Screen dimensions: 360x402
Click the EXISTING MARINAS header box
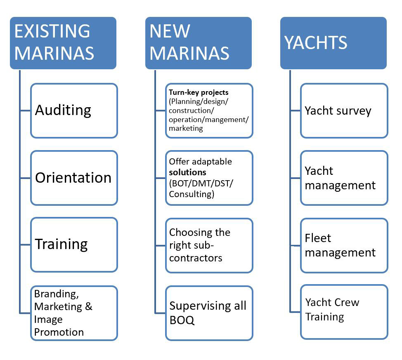click(63, 42)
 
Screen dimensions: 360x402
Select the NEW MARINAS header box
click(198, 42)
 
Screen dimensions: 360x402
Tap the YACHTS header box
click(333, 42)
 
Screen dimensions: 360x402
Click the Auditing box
click(74, 111)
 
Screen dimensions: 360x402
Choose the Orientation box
click(74, 178)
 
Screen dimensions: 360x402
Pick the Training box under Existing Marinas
click(74, 245)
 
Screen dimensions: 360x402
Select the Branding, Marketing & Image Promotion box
click(74, 313)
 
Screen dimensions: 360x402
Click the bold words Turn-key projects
click(199, 92)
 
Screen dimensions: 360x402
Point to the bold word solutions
click(187, 172)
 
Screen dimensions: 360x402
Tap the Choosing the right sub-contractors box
click(209, 245)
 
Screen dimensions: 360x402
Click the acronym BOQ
click(182, 320)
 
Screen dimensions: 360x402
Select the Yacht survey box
click(344, 111)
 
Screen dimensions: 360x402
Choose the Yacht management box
click(344, 178)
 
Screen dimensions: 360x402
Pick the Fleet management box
click(344, 245)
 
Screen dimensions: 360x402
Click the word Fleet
click(318, 238)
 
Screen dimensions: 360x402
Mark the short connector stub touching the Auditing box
click(25, 111)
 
